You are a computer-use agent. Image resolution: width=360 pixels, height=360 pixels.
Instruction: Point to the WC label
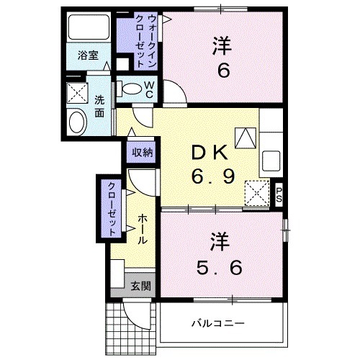[149, 89]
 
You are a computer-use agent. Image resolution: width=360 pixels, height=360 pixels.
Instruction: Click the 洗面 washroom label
[99, 106]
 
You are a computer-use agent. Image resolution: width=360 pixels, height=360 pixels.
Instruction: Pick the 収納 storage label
[142, 152]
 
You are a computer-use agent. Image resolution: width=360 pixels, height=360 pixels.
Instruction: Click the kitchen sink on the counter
[272, 159]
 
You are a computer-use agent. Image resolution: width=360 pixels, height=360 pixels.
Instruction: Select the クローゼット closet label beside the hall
[112, 207]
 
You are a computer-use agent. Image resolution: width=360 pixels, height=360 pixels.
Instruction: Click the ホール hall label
[143, 229]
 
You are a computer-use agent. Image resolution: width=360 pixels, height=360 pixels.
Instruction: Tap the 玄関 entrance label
[141, 285]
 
